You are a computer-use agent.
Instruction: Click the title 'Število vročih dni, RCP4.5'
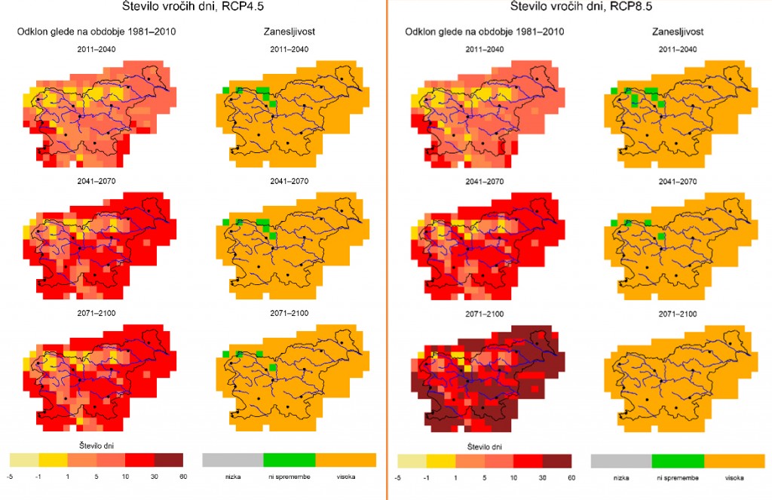point(192,7)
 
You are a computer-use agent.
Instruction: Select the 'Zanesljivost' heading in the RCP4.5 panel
point(289,32)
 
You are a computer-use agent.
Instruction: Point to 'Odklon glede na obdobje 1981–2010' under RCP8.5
point(486,32)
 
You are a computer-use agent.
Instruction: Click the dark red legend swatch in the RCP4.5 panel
point(168,459)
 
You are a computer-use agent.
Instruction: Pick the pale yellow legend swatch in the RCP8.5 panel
point(412,461)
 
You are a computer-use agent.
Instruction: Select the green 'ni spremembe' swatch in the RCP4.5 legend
point(289,459)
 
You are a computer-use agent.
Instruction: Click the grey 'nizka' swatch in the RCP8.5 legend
point(620,461)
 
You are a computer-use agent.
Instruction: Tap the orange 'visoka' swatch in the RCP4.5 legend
point(345,459)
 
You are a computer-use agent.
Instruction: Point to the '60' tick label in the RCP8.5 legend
point(571,477)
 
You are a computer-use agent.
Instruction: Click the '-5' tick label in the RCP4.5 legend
point(9,477)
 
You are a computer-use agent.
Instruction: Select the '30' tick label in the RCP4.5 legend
point(154,477)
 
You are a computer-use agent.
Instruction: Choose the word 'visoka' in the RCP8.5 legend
point(734,477)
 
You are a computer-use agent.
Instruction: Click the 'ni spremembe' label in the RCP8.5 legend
point(677,477)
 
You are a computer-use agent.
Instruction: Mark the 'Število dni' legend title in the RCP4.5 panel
point(96,445)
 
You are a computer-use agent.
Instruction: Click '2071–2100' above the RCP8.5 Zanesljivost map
point(677,313)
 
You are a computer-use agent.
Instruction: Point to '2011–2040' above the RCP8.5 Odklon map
point(486,49)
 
